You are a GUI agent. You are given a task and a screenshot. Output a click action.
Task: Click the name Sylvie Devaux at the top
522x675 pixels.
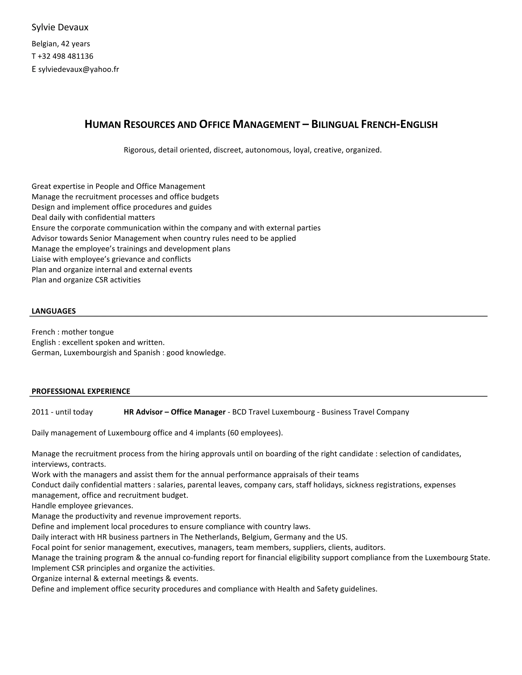[x=60, y=28]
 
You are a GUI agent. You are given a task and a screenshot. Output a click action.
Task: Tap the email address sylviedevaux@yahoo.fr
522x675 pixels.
[x=79, y=69]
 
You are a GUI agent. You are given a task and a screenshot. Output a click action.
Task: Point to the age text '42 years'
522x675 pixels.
[x=75, y=44]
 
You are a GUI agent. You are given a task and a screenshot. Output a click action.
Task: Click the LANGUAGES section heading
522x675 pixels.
[x=54, y=311]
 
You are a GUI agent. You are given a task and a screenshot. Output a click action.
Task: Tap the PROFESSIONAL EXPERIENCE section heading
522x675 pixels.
[x=81, y=391]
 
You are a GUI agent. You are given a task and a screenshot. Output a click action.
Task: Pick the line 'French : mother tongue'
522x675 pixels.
[x=73, y=332]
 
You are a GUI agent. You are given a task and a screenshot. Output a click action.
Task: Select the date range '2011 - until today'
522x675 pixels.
[x=62, y=412]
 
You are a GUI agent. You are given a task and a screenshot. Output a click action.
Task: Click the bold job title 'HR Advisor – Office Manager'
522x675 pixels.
[x=174, y=412]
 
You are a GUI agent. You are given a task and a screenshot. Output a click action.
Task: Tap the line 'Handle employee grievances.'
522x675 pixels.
[x=82, y=506]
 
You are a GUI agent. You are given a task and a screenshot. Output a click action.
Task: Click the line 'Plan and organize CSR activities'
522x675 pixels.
[x=86, y=280]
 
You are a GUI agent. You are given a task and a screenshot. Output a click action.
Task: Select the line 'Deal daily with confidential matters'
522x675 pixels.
[x=93, y=217]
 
